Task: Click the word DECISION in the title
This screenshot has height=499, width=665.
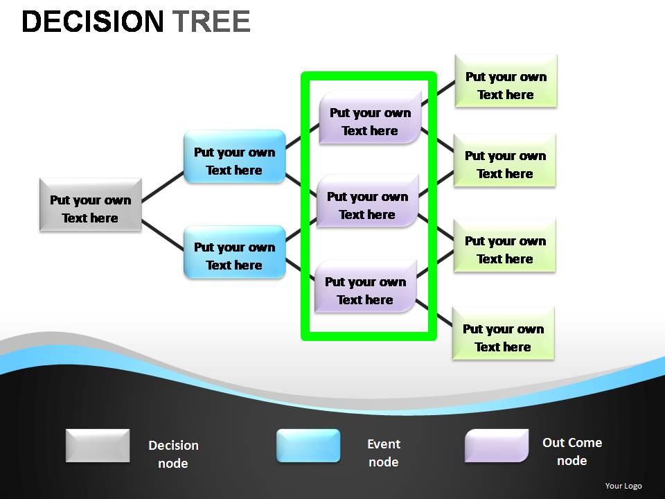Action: coord(93,22)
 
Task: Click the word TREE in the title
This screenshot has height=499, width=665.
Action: coord(211,22)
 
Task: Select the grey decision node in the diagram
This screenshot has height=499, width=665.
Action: coord(91,204)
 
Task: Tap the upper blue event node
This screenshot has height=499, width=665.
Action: coord(234,157)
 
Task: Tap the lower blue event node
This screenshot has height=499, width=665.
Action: coord(234,252)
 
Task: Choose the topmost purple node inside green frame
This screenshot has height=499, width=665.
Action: coord(371,117)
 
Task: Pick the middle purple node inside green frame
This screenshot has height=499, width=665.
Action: coord(368,201)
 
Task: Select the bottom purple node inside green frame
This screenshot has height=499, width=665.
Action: coord(366,286)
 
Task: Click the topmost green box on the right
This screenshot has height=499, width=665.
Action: coord(506,81)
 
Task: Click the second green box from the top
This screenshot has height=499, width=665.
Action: coord(505,160)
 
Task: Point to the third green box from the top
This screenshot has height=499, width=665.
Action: coord(505,245)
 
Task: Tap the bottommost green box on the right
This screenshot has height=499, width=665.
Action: coord(503,333)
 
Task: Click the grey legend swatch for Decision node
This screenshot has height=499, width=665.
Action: coord(98,446)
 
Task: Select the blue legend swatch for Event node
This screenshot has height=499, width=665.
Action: coord(308,446)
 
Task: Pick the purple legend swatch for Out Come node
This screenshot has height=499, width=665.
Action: coord(497,446)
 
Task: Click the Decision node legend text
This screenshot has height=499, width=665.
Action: coord(173,454)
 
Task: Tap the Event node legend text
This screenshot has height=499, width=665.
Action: coord(384,453)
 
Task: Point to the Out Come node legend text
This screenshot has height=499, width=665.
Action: coord(572,451)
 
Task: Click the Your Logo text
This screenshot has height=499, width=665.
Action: coord(623,486)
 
